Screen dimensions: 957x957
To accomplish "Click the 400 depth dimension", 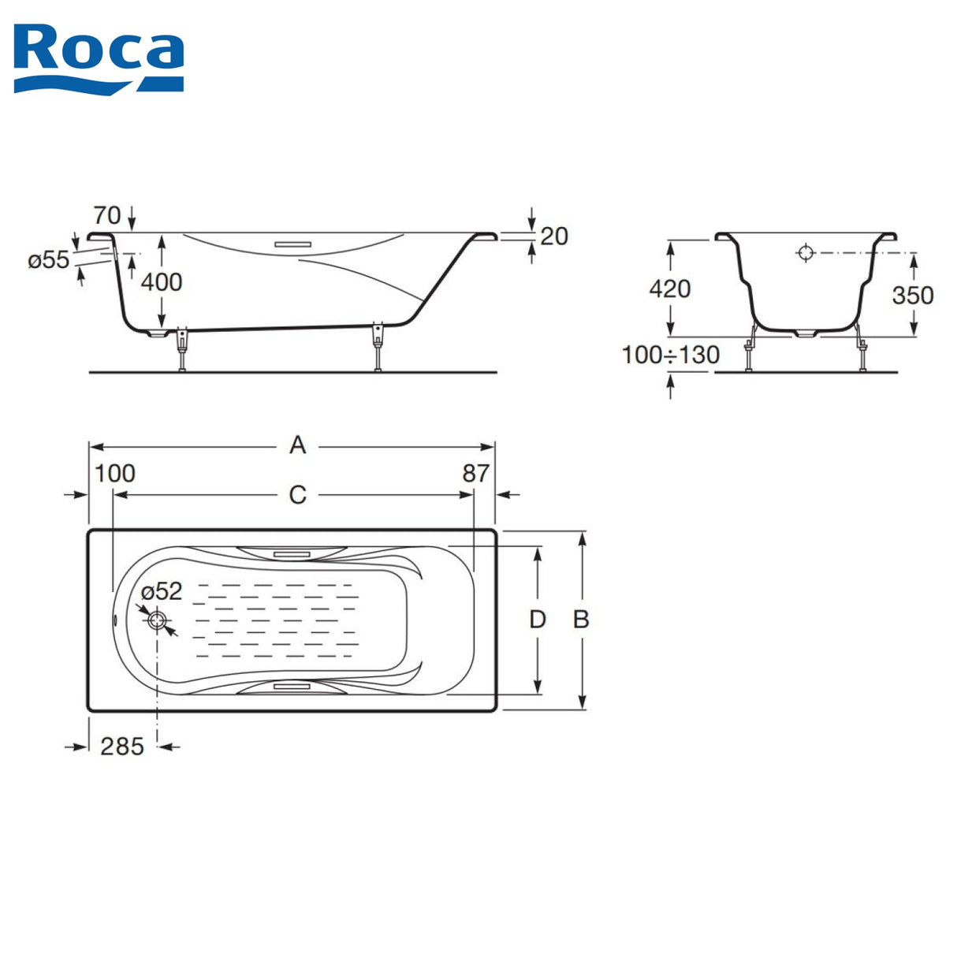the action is click(162, 282).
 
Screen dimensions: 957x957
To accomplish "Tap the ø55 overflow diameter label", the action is click(49, 259).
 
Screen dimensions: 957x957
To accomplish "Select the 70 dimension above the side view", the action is click(106, 215).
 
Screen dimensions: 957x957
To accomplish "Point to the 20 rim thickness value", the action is click(553, 236).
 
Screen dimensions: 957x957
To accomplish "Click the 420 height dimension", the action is click(669, 289).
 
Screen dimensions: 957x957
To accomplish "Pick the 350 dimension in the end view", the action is click(913, 296).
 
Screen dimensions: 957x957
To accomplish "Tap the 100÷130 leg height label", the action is click(670, 355).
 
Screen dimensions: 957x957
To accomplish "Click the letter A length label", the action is click(297, 445).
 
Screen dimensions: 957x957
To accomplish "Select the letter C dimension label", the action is click(297, 494).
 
